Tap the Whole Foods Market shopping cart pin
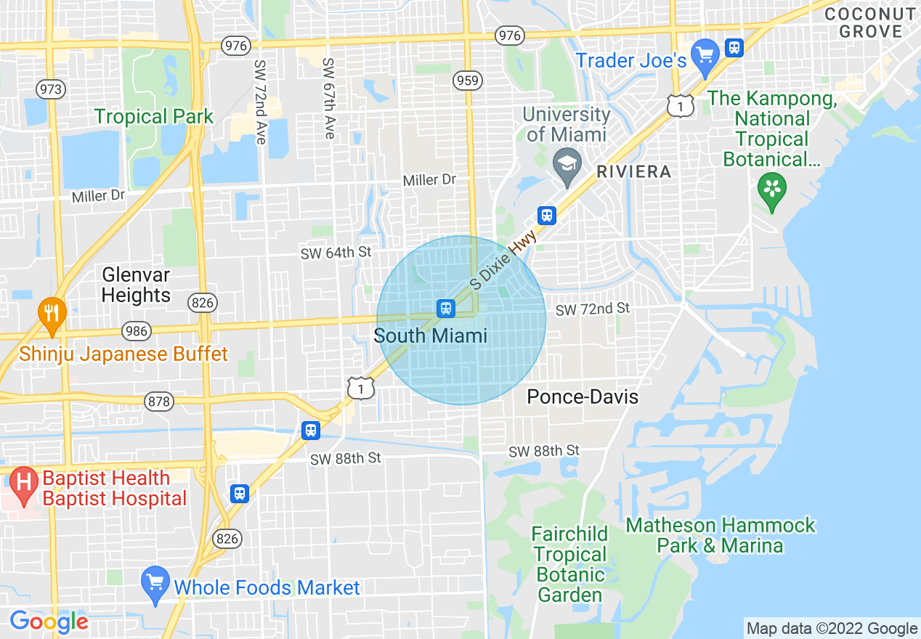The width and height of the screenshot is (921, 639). (155, 582)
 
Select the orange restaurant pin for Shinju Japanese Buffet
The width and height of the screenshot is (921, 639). (51, 314)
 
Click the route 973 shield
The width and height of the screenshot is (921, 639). (51, 89)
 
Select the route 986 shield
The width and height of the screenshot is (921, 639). (136, 331)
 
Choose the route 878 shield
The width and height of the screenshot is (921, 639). (159, 402)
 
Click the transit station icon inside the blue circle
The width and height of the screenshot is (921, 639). (446, 309)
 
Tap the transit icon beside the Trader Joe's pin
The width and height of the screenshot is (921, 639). (735, 48)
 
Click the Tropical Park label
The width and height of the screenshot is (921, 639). (154, 116)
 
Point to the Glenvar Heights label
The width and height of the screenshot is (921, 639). (136, 285)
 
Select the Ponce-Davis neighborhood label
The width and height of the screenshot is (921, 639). (583, 396)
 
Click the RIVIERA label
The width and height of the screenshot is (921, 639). (633, 172)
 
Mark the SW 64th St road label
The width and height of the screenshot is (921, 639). (336, 252)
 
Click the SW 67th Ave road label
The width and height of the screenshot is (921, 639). (328, 99)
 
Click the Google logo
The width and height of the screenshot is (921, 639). (49, 622)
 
